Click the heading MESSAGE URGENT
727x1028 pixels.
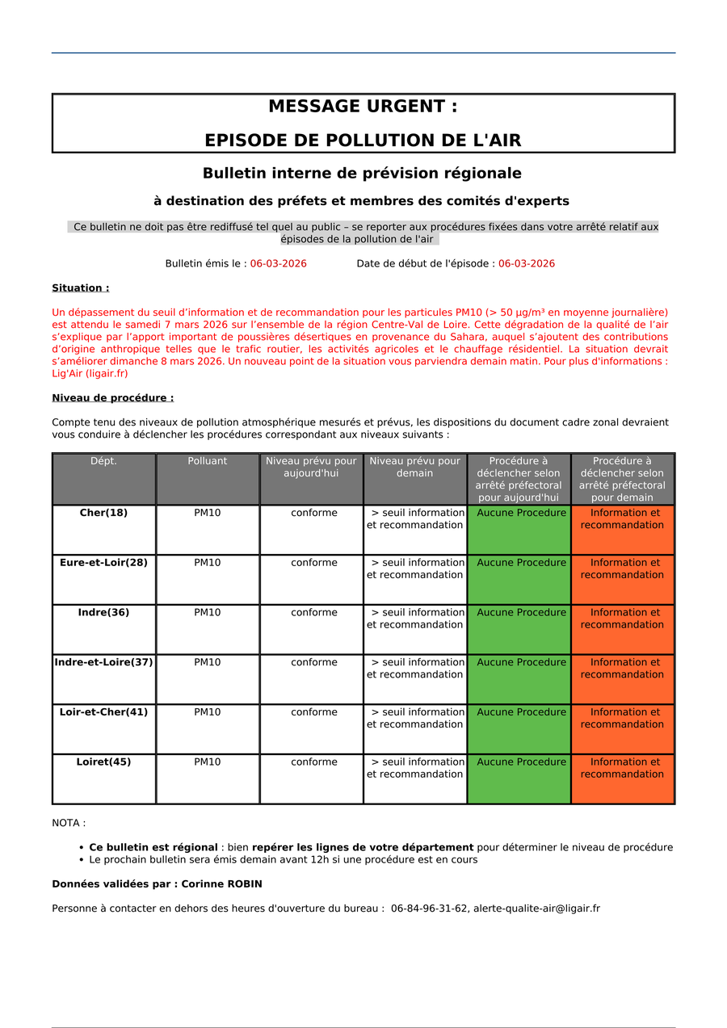363,107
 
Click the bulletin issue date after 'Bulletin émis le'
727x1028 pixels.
278,264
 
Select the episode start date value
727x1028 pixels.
526,264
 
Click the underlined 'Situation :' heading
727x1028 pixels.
80,288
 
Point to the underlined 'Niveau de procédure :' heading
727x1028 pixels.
112,398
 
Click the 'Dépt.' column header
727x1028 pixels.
103,461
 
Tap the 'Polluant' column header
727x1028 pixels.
208,461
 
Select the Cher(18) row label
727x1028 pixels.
103,513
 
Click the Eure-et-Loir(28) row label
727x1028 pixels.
103,563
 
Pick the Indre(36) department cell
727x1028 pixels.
103,613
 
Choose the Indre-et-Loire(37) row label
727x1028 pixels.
103,663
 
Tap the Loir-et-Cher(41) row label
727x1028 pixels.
103,712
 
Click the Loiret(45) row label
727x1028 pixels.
103,762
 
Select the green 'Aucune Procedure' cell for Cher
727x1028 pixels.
519,529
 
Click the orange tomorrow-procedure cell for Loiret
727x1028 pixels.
622,778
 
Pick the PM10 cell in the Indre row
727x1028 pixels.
208,613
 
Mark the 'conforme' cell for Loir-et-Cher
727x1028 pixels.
314,712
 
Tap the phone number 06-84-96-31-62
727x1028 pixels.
429,908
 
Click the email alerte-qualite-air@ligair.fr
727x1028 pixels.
536,908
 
